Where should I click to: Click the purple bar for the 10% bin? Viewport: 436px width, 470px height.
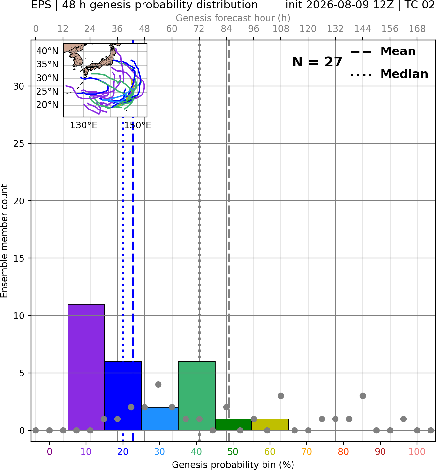(x=86, y=367)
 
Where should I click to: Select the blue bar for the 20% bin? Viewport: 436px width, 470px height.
(x=123, y=396)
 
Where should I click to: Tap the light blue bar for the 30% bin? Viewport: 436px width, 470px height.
(x=160, y=419)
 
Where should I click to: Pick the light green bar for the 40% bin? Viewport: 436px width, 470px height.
(x=197, y=396)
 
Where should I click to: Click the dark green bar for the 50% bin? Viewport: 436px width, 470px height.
(x=233, y=425)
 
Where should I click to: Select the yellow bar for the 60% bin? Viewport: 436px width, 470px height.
(x=270, y=425)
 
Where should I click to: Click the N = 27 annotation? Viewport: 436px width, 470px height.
(x=317, y=62)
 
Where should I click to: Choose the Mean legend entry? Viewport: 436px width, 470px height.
(x=383, y=51)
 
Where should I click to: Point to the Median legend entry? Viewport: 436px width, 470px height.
(x=389, y=74)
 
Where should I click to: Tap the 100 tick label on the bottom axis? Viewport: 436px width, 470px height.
(x=417, y=452)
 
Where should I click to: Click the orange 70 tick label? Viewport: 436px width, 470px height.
(x=307, y=452)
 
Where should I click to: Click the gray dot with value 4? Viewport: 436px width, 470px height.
(x=158, y=384)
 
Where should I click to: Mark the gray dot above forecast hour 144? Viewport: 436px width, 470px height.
(x=363, y=396)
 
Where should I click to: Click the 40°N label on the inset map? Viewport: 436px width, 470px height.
(x=47, y=51)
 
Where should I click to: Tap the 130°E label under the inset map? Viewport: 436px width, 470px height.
(x=83, y=125)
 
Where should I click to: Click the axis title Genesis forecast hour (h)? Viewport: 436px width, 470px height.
(x=233, y=18)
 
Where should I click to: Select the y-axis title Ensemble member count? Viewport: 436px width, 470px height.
(x=4, y=241)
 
